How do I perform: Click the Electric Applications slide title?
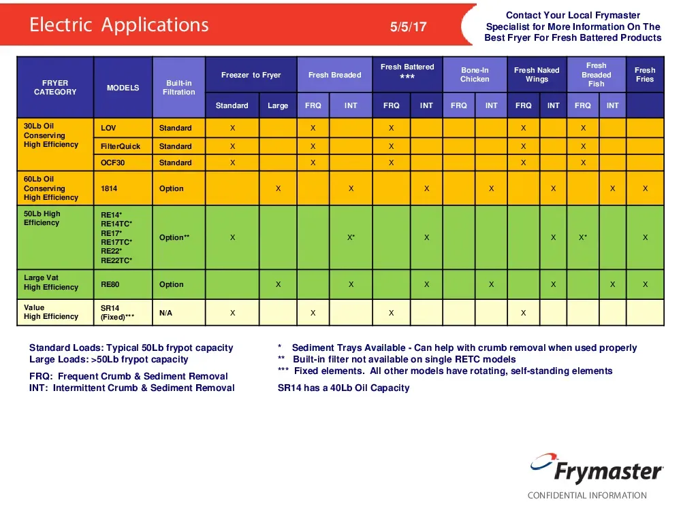(x=118, y=25)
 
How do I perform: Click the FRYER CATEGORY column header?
(x=55, y=87)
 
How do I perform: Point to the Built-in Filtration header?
(x=178, y=87)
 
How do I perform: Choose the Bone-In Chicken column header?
(x=475, y=75)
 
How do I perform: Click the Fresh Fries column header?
(x=644, y=75)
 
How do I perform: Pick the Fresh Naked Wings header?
(x=537, y=75)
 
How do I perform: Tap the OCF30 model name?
(x=112, y=163)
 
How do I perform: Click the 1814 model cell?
(x=110, y=188)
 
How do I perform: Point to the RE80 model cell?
(x=110, y=284)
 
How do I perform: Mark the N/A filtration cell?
(x=165, y=313)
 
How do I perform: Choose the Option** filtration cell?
(x=174, y=237)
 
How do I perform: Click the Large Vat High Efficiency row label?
(x=51, y=282)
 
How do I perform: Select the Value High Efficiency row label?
(x=51, y=312)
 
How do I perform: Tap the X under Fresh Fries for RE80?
(x=645, y=284)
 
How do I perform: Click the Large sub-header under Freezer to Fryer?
(x=278, y=105)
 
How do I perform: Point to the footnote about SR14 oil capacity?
(x=343, y=388)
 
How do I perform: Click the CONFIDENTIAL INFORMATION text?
(x=587, y=495)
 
